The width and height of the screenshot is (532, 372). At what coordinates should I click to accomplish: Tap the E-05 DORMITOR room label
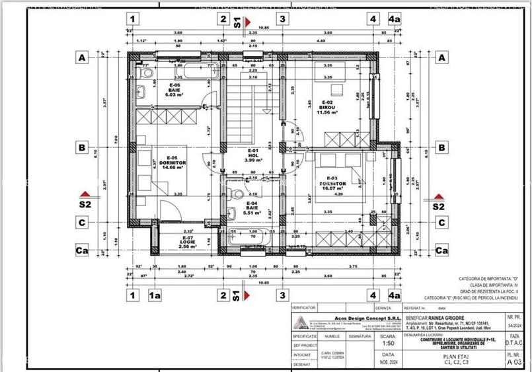click(x=174, y=163)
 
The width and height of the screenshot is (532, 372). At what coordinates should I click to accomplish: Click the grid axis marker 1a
click(x=155, y=296)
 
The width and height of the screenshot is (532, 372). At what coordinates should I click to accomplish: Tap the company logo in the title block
click(x=301, y=323)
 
